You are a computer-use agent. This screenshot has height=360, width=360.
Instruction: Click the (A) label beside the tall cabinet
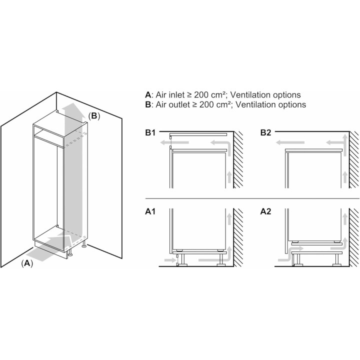pos(27,263)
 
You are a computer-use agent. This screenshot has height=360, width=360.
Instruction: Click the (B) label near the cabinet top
pos(94,116)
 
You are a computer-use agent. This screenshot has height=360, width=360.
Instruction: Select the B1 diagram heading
pos(151,132)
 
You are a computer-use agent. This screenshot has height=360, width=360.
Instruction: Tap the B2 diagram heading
pos(266,132)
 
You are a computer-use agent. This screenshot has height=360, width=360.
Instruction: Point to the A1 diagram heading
pos(151,212)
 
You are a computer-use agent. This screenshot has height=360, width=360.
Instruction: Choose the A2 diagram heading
pos(266,212)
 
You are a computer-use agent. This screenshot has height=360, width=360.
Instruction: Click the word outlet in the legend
pos(179,104)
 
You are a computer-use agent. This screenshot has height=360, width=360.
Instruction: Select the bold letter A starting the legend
pos(147,94)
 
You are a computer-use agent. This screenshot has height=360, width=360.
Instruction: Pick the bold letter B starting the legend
pos(147,104)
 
